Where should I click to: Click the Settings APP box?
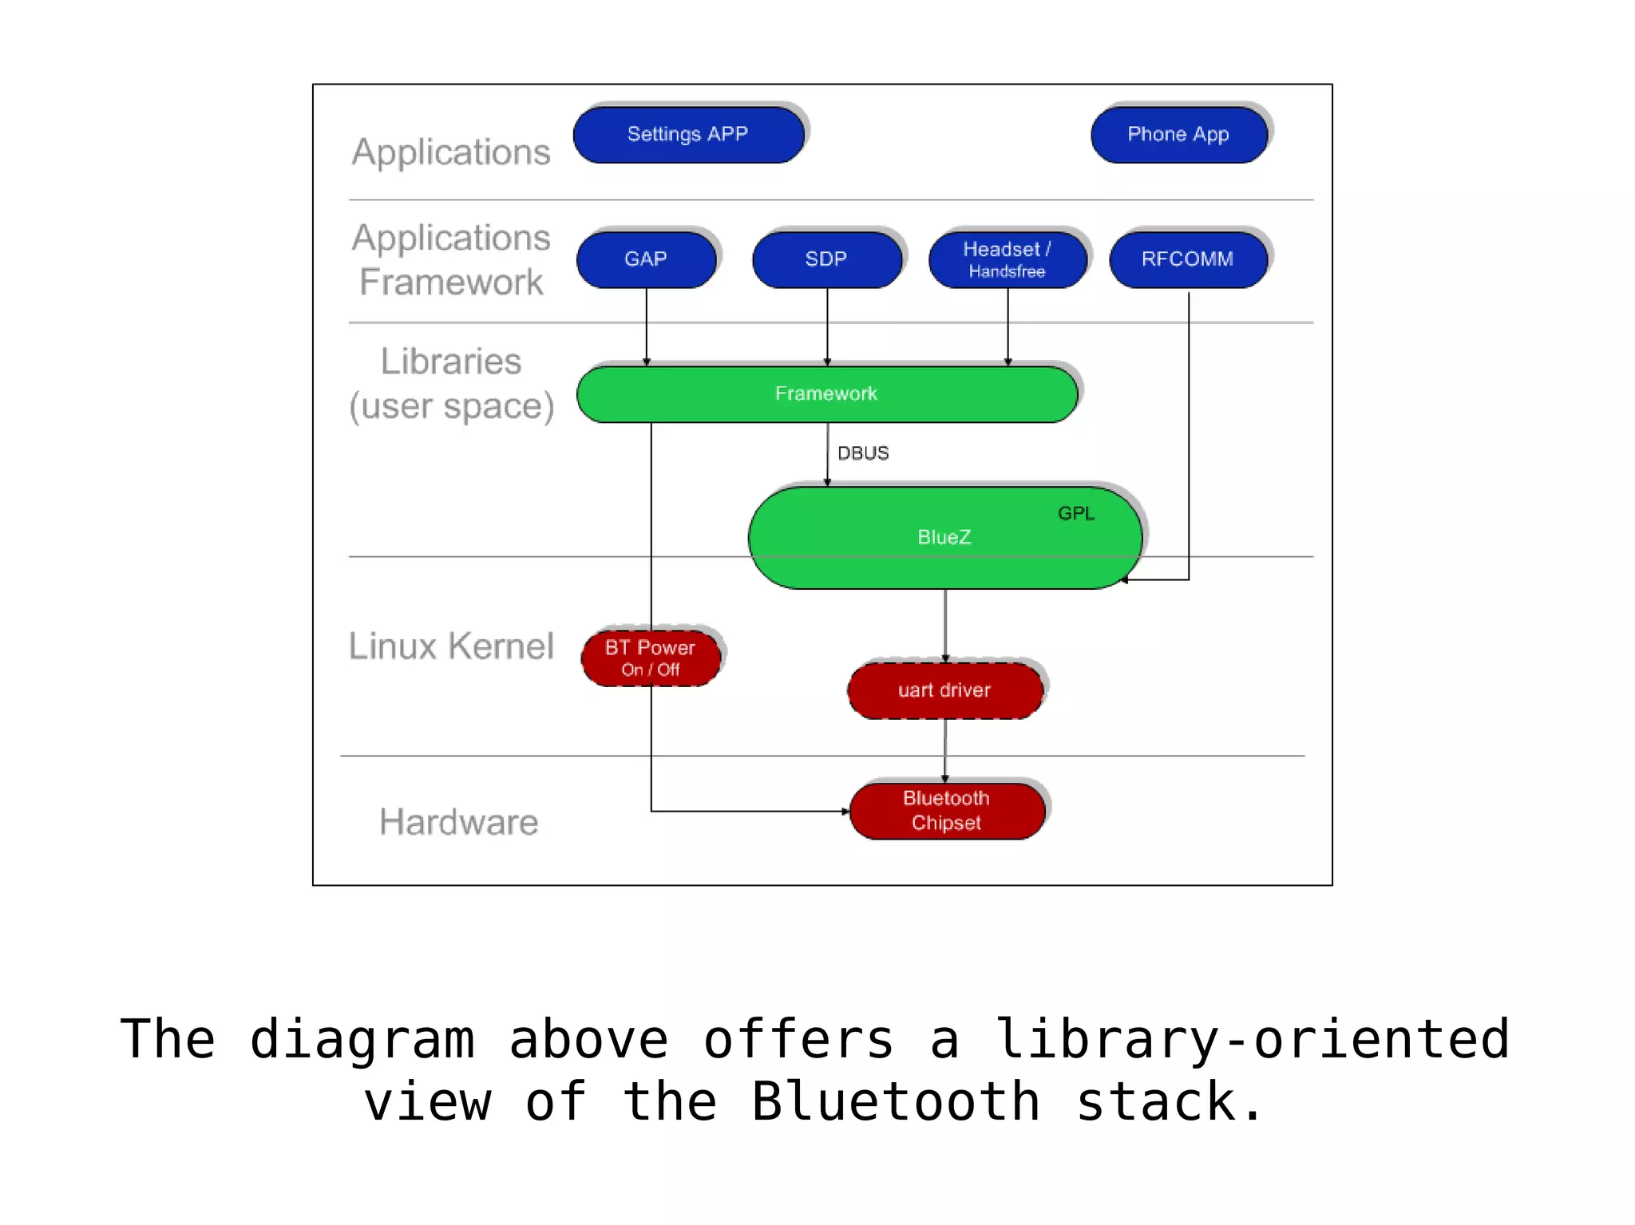pyautogui.click(x=688, y=135)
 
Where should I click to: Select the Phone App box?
pyautogui.click(x=1178, y=135)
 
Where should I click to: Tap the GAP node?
pyautogui.click(x=646, y=259)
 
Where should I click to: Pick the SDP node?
pyautogui.click(x=826, y=259)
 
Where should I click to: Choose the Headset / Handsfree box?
pyautogui.click(x=1008, y=259)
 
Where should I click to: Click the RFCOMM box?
pyautogui.click(x=1188, y=259)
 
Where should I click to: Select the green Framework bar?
pyautogui.click(x=826, y=394)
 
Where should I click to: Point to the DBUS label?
pyautogui.click(x=863, y=453)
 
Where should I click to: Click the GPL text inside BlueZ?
pyautogui.click(x=1076, y=514)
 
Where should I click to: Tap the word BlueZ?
pyautogui.click(x=944, y=537)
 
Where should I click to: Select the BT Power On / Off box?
pyautogui.click(x=651, y=658)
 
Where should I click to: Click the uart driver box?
pyautogui.click(x=944, y=690)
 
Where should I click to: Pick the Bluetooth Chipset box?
pyautogui.click(x=947, y=811)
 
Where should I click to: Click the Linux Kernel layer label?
pyautogui.click(x=451, y=646)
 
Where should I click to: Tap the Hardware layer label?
pyautogui.click(x=459, y=822)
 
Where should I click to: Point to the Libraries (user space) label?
pyautogui.click(x=452, y=384)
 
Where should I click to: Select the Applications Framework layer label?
pyautogui.click(x=452, y=260)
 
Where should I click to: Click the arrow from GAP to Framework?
pyautogui.click(x=647, y=327)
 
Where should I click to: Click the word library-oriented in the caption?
pyautogui.click(x=1252, y=1039)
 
